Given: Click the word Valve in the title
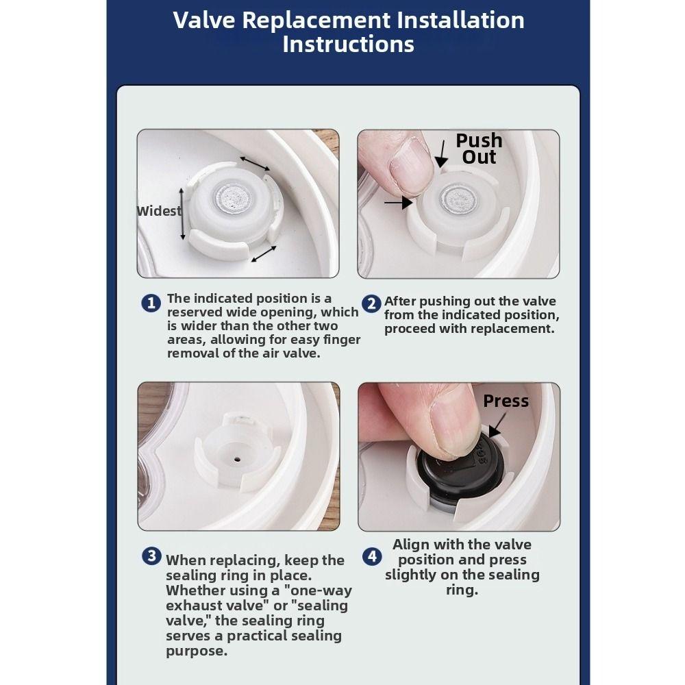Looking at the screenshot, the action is pyautogui.click(x=204, y=20).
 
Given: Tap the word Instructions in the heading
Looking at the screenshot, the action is pyautogui.click(x=348, y=44).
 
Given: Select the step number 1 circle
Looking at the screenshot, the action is pyautogui.click(x=151, y=303).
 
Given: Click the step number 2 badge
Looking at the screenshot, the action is pyautogui.click(x=371, y=303).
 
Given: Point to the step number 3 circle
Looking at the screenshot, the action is pyautogui.click(x=151, y=556).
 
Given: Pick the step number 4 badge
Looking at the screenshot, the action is pyautogui.click(x=372, y=556).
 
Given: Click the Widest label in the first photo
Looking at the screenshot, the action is pyautogui.click(x=159, y=211).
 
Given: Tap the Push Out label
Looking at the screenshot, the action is pyautogui.click(x=480, y=149).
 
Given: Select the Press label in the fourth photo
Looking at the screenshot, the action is pyautogui.click(x=506, y=401).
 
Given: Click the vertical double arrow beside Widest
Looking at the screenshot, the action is pyautogui.click(x=183, y=214).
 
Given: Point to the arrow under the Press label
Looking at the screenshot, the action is pyautogui.click(x=497, y=425).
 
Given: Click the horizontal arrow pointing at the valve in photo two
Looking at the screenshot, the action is pyautogui.click(x=399, y=202).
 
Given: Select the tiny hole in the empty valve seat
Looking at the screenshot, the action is pyautogui.click(x=237, y=459).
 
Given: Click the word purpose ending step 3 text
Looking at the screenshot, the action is pyautogui.click(x=197, y=651).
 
